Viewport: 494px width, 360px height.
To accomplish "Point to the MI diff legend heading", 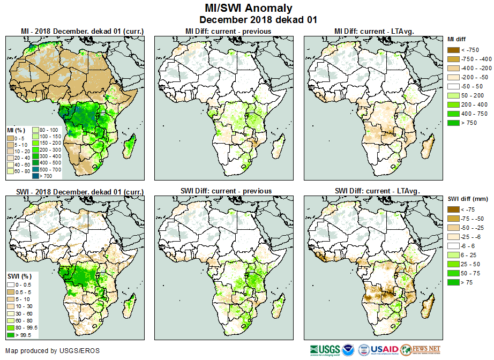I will pos(458,39).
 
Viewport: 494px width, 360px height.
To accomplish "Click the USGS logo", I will pos(324,350).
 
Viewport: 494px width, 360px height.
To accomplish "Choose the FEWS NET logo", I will pos(420,350).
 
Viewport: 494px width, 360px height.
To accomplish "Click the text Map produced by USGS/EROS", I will pos(53,351).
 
